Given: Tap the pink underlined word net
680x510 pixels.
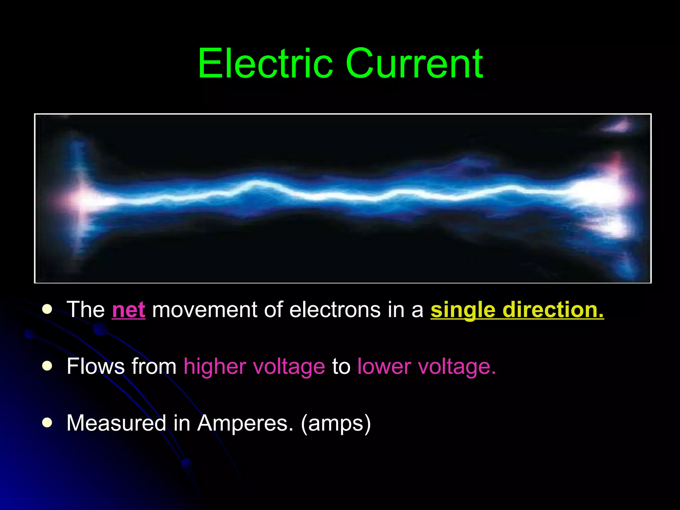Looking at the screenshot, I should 128,309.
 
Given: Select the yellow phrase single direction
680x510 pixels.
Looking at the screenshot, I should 517,309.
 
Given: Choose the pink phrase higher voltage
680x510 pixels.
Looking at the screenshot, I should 254,367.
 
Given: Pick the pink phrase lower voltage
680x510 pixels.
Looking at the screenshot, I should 426,367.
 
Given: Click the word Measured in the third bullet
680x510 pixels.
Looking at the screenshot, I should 116,423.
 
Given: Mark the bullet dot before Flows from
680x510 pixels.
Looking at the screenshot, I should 47,366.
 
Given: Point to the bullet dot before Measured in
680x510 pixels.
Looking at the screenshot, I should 47,423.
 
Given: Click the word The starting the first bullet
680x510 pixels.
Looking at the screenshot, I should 86,309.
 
